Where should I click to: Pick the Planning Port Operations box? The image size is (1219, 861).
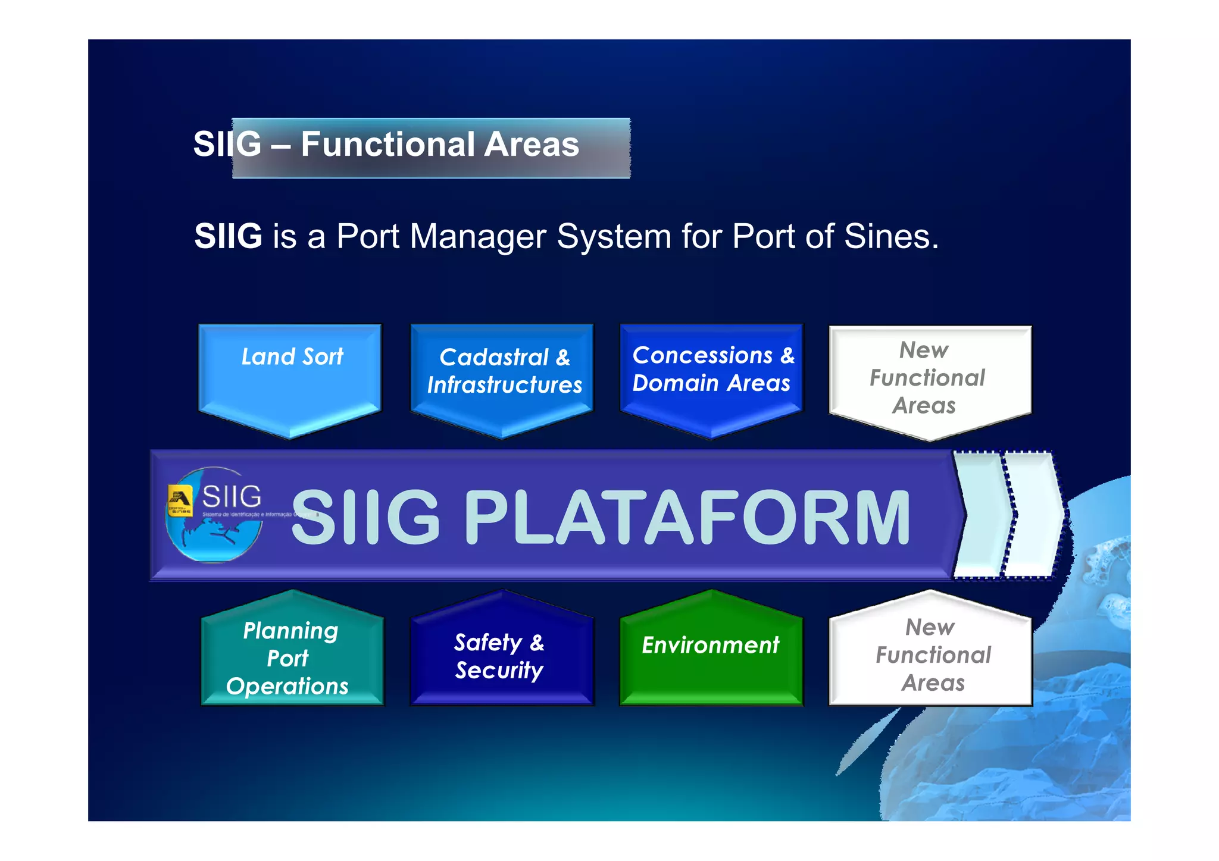pyautogui.click(x=292, y=655)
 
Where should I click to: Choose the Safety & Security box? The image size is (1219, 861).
pyautogui.click(x=501, y=655)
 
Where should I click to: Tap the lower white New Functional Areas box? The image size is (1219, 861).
pyautogui.click(x=930, y=655)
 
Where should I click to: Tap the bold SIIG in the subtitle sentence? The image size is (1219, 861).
pyautogui.click(x=229, y=236)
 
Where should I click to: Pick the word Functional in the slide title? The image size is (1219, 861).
pyautogui.click(x=387, y=145)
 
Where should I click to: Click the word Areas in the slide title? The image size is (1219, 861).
pyautogui.click(x=531, y=145)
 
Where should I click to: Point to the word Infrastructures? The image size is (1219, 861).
pyautogui.click(x=504, y=385)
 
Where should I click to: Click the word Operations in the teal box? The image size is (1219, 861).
pyautogui.click(x=287, y=686)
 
